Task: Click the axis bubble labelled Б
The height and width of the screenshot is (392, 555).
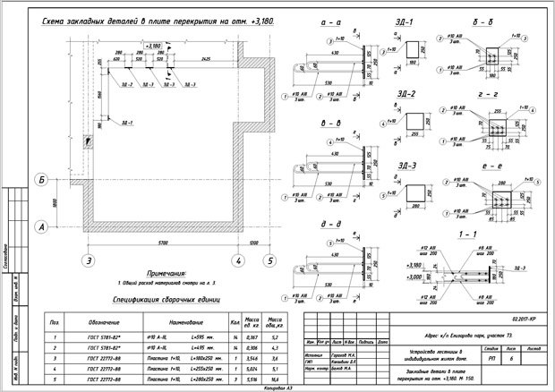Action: (x=41, y=182)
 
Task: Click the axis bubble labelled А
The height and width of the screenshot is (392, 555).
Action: (x=41, y=228)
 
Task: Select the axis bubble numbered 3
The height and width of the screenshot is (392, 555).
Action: (x=88, y=261)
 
